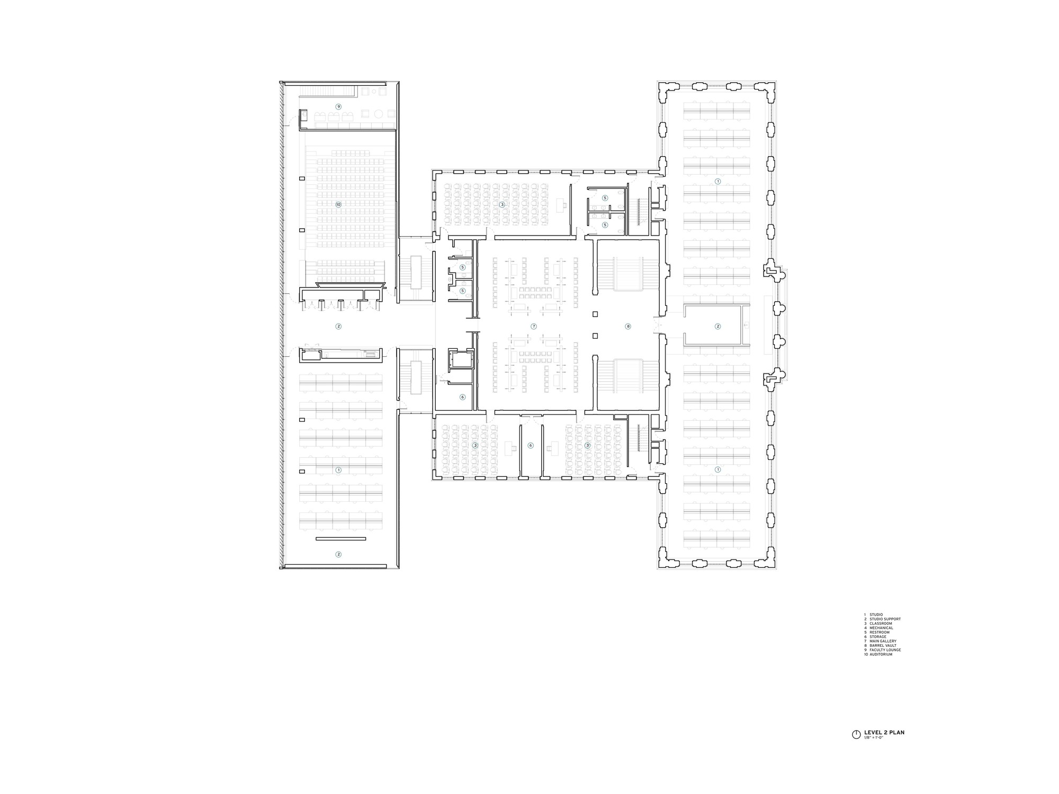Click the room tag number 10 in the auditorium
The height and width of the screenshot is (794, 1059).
pos(338,204)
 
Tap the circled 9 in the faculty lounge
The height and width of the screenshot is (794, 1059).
pos(338,107)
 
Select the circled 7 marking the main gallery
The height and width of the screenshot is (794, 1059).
pos(533,327)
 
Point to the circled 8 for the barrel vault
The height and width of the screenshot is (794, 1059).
pos(628,327)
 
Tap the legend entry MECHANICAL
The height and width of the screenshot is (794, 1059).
pos(881,628)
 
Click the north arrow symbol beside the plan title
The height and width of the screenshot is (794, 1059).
pos(856,735)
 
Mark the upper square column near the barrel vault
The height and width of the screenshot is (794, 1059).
pos(595,314)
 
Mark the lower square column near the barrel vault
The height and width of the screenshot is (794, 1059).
pos(595,336)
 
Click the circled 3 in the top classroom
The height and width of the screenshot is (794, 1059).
pos(502,204)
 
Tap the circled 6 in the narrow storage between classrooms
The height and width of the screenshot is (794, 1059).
pos(531,446)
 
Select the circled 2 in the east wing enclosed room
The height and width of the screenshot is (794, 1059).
pos(717,327)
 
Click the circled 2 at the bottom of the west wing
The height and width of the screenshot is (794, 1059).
pos(338,555)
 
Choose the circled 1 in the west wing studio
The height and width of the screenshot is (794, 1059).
pos(338,470)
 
